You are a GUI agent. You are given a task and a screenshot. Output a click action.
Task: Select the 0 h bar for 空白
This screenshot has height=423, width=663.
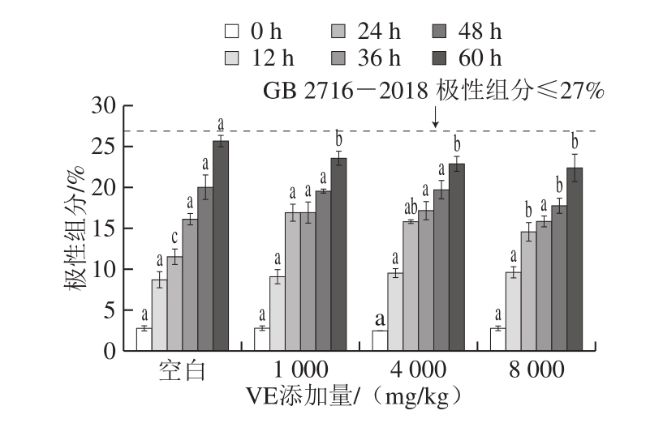(144, 340)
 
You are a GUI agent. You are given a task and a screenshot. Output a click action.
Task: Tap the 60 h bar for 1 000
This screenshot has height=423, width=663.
(338, 254)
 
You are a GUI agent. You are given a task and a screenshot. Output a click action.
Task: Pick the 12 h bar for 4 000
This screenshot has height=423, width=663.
(395, 312)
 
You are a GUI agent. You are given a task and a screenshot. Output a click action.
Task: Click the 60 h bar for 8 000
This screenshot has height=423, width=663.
(575, 259)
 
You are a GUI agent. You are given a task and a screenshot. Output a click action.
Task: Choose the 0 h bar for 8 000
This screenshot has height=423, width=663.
(497, 340)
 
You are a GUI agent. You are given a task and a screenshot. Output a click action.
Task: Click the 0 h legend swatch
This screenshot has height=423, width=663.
(233, 32)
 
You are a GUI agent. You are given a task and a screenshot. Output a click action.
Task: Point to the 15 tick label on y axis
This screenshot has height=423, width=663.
(106, 229)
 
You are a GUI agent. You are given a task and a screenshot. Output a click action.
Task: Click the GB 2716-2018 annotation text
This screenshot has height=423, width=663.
(433, 90)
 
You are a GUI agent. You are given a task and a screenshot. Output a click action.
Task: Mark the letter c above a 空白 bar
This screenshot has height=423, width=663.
(174, 237)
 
